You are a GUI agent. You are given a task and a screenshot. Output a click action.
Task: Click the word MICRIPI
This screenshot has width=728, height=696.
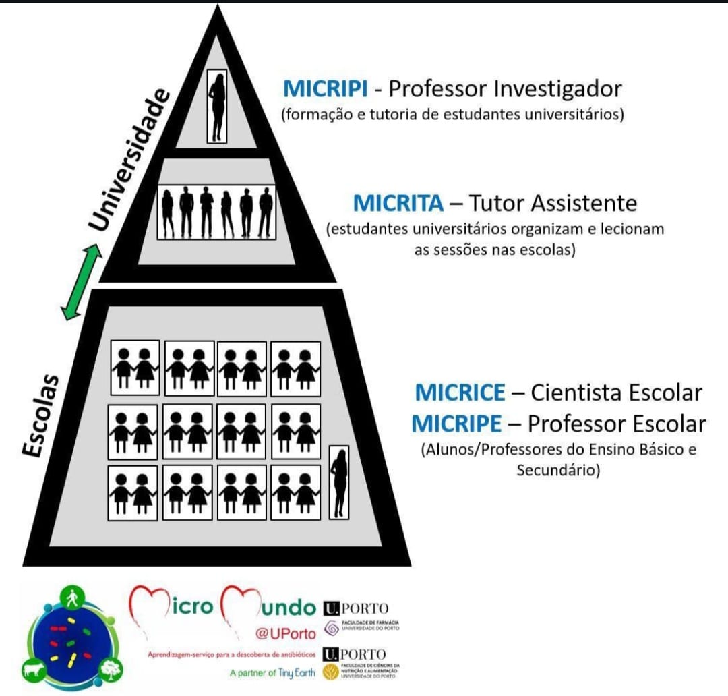pos(325,88)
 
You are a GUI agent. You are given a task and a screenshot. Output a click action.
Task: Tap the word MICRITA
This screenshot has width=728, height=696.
pos(398,202)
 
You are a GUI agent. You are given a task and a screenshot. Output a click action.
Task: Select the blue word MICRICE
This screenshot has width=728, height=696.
pos(460,392)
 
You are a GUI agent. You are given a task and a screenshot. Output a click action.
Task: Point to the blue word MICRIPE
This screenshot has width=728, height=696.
pos(457,424)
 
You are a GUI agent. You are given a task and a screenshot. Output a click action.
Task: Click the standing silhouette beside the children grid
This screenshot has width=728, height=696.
pos(339,482)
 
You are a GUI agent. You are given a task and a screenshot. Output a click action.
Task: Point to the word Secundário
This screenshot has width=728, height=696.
pos(557,471)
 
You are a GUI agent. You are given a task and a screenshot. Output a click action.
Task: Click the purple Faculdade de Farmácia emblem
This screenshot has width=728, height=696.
pos(332,628)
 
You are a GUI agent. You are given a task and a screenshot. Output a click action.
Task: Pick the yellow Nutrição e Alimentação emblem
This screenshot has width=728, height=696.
pos(332,672)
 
